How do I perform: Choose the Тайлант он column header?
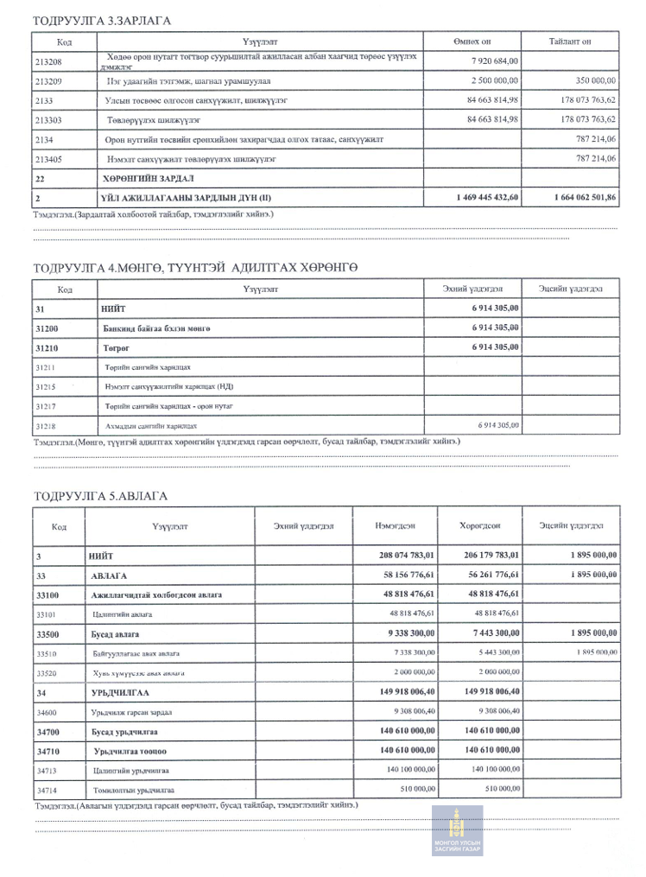(569, 41)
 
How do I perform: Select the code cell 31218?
(47, 425)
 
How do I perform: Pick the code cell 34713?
(47, 770)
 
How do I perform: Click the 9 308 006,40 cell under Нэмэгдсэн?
(411, 712)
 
